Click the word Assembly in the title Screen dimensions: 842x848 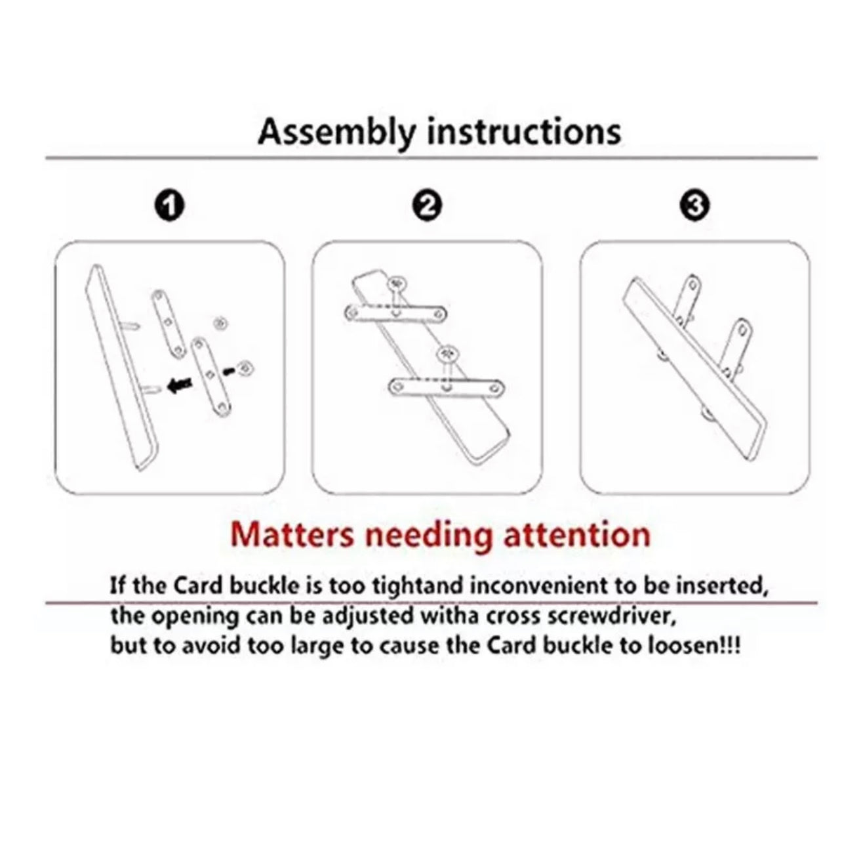336,133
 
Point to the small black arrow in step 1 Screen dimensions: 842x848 229,371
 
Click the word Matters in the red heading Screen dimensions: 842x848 292,535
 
